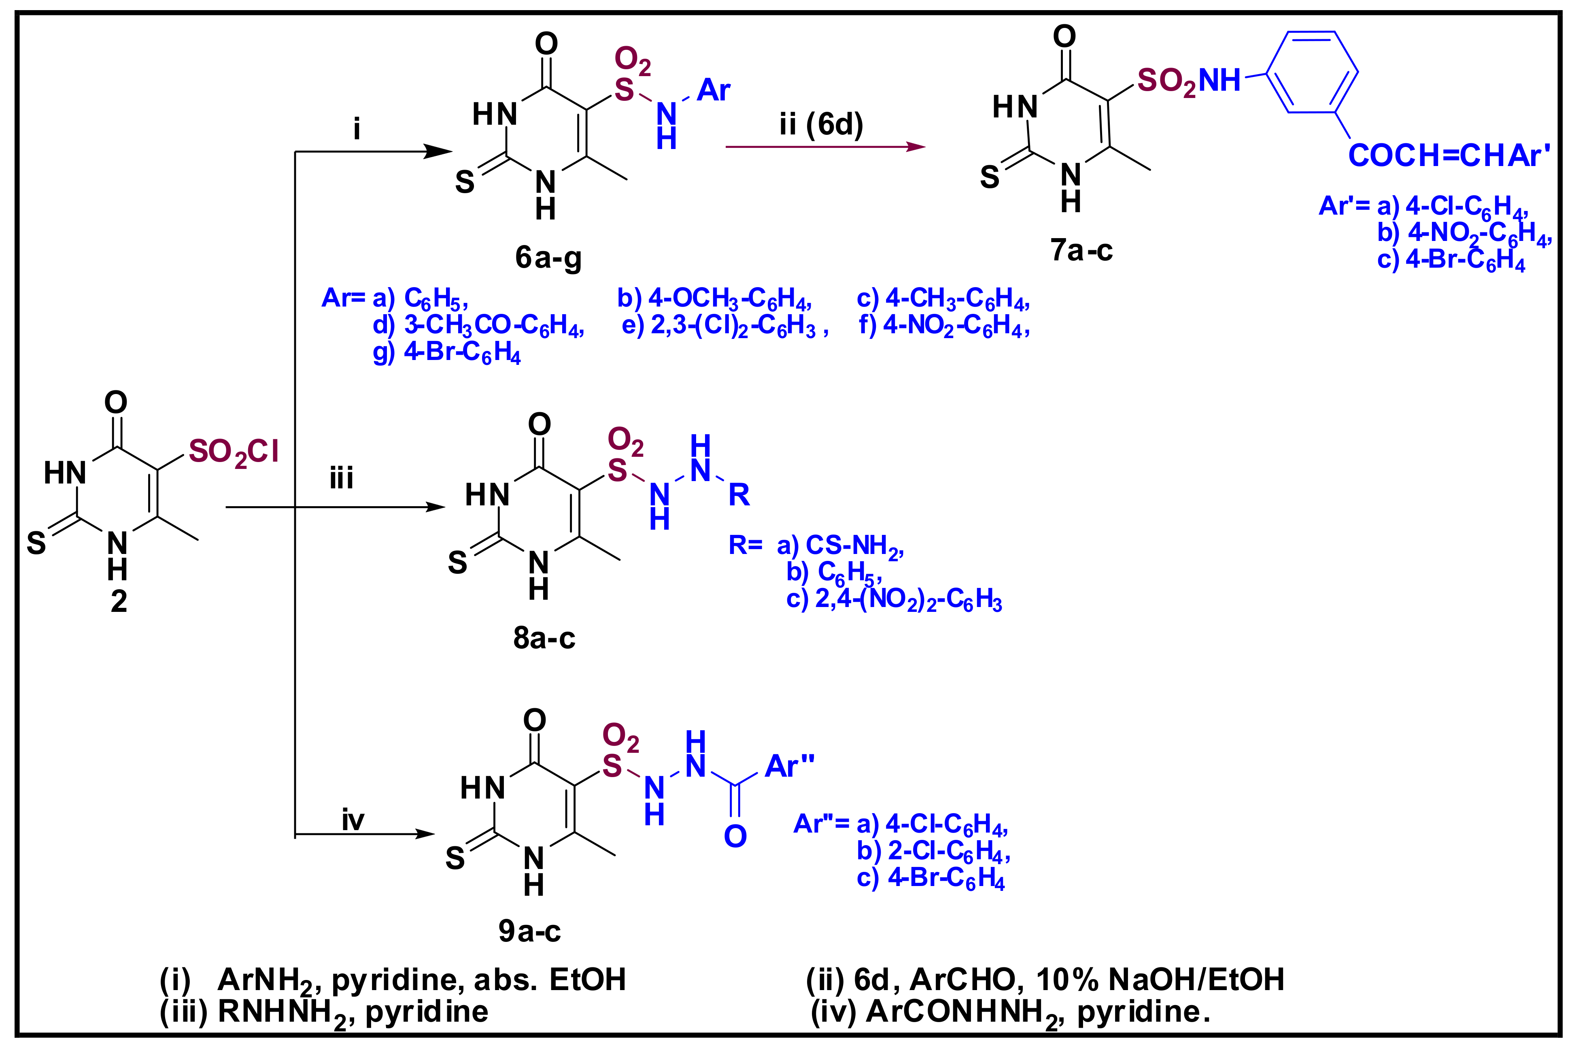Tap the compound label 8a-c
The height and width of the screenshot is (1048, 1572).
tap(544, 638)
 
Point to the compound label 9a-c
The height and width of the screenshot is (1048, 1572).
tap(529, 931)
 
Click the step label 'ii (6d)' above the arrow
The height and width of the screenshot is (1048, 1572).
tap(821, 124)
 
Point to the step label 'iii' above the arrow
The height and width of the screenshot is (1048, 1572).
tap(341, 479)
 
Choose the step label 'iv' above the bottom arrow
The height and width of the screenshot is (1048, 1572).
tap(353, 820)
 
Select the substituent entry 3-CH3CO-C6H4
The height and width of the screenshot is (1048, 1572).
tap(494, 326)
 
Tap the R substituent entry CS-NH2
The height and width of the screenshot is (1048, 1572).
tap(854, 546)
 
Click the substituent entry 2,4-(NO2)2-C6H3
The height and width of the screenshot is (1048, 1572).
tap(908, 600)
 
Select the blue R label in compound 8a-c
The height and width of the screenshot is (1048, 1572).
tap(739, 495)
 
